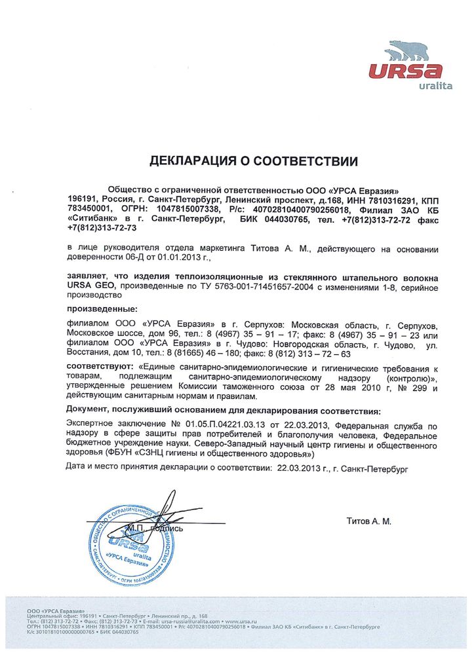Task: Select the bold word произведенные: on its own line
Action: [103, 308]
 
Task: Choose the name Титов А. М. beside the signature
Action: [368, 521]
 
